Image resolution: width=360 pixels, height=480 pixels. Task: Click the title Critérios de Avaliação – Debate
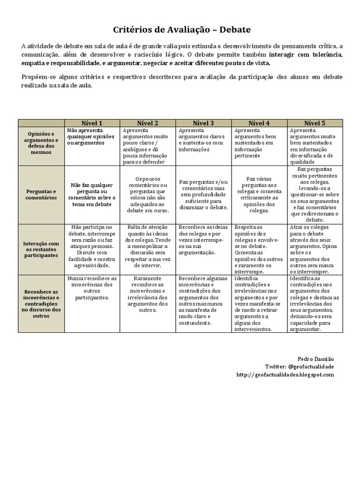click(x=182, y=30)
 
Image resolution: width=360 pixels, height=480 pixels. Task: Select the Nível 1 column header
click(x=92, y=123)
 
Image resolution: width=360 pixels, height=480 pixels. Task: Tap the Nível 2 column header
click(x=148, y=123)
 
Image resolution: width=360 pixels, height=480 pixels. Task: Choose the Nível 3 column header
click(x=203, y=123)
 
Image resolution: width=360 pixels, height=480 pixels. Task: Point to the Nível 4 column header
click(x=259, y=123)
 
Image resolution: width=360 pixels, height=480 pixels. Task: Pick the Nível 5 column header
click(x=315, y=123)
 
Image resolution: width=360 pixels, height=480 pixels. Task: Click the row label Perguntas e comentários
click(x=41, y=195)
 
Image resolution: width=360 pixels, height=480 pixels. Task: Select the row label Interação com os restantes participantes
click(x=41, y=249)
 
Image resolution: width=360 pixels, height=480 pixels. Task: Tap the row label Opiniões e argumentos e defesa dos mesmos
click(x=41, y=143)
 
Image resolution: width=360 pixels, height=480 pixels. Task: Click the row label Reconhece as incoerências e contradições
click(x=41, y=303)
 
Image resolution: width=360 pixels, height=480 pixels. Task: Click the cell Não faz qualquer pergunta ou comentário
click(x=92, y=195)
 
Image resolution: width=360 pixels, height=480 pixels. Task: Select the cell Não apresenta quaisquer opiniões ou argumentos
click(x=92, y=136)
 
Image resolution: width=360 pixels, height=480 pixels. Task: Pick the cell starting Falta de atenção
click(x=148, y=246)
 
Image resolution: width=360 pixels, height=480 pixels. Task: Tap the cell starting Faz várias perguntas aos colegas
click(x=259, y=195)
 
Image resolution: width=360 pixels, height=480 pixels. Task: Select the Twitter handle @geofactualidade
click(x=311, y=367)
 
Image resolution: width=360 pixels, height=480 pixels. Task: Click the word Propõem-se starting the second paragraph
click(x=36, y=77)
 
